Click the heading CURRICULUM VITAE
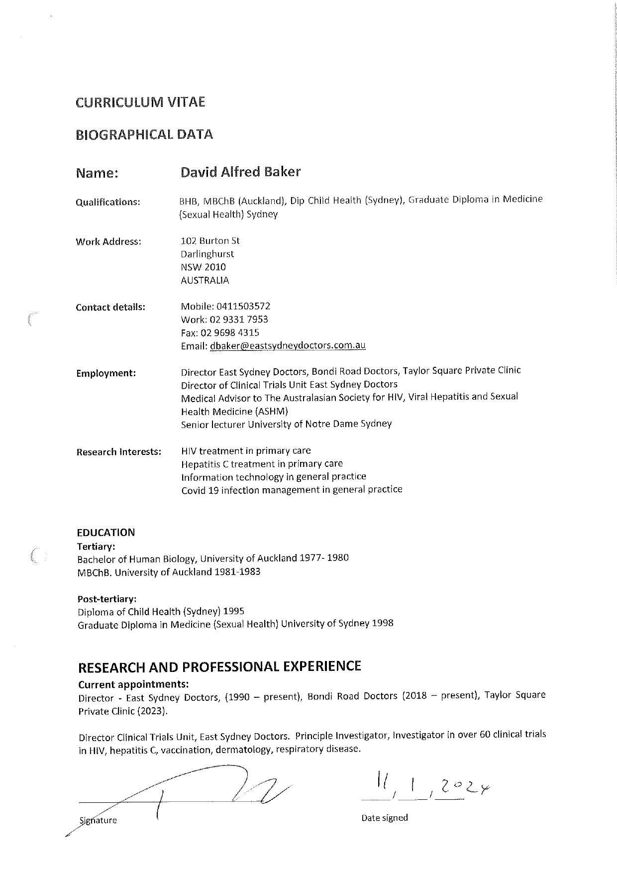(x=140, y=103)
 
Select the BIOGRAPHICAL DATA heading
(x=144, y=134)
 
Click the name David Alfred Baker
(x=240, y=172)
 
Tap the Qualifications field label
(x=108, y=202)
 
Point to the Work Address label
(x=108, y=242)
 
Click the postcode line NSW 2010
(x=203, y=267)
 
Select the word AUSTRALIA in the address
(x=205, y=280)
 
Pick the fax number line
(x=220, y=332)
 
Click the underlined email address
(x=288, y=346)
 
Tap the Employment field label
(x=106, y=373)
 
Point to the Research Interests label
(x=119, y=452)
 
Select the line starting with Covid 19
(x=292, y=490)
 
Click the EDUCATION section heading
(x=106, y=533)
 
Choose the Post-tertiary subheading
(x=107, y=598)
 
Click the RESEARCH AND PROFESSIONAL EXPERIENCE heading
(x=219, y=666)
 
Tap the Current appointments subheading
(x=133, y=684)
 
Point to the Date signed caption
(x=385, y=818)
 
